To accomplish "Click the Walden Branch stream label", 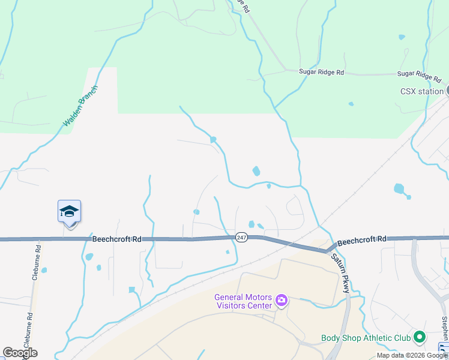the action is [x=80, y=106].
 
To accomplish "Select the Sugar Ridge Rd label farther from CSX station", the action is [x=322, y=72].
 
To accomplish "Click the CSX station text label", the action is [x=421, y=92].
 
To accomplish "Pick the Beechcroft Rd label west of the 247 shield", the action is [x=116, y=239].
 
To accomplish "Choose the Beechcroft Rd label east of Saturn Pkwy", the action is [x=361, y=240].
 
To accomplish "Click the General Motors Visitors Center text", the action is [x=243, y=301].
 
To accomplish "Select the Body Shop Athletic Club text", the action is [x=366, y=338].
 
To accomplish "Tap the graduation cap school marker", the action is [x=69, y=212].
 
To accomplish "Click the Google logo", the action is [x=20, y=353].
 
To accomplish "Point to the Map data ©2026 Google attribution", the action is [x=412, y=355].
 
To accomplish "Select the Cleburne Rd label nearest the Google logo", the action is [x=27, y=329].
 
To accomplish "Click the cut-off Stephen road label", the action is [x=444, y=327].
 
